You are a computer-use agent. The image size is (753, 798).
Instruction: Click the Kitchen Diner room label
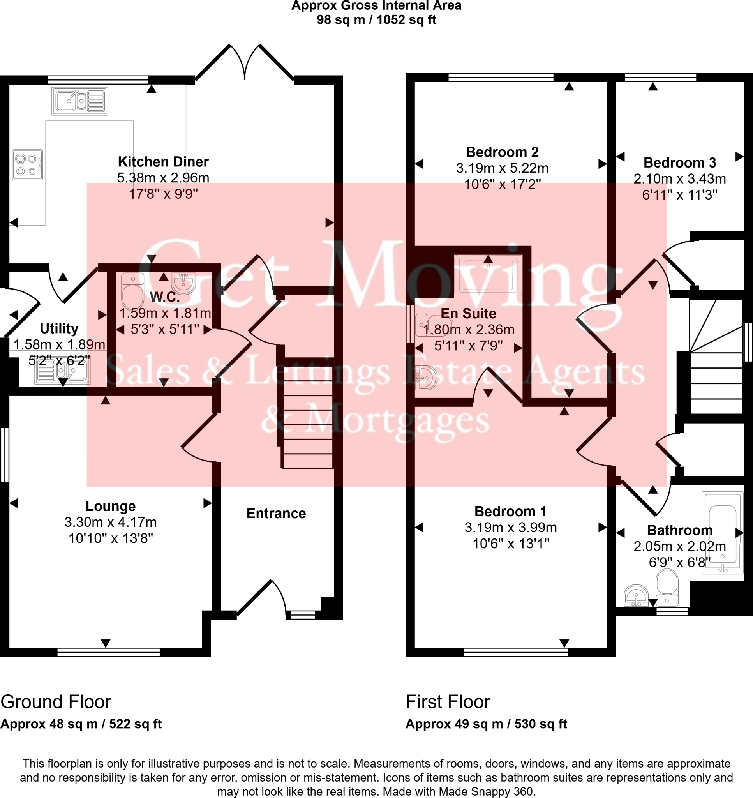pyautogui.click(x=163, y=162)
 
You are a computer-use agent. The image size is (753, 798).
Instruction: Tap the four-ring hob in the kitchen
pyautogui.click(x=27, y=164)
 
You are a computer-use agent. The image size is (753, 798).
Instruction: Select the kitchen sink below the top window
pyautogui.click(x=79, y=101)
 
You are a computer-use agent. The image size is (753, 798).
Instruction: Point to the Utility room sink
pyautogui.click(x=62, y=371)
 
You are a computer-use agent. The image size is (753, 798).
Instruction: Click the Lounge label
pyautogui.click(x=110, y=506)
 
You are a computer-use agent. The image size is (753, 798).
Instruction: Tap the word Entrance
pyautogui.click(x=276, y=514)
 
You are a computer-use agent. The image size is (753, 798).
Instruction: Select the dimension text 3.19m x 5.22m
pyautogui.click(x=502, y=168)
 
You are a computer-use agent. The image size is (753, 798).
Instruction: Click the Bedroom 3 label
pyautogui.click(x=679, y=163)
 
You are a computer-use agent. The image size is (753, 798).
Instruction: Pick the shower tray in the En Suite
pyautogui.click(x=488, y=275)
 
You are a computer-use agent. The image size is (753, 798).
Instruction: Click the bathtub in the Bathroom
pyautogui.click(x=723, y=533)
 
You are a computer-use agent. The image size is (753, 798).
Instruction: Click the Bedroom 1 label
pyautogui.click(x=510, y=511)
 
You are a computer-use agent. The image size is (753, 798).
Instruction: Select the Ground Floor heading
pyautogui.click(x=55, y=702)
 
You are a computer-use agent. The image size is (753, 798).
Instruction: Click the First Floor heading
pyautogui.click(x=448, y=702)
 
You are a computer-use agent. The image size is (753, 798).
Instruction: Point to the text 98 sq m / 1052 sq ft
pyautogui.click(x=376, y=19)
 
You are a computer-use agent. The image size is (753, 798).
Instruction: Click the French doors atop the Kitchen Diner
pyautogui.click(x=245, y=62)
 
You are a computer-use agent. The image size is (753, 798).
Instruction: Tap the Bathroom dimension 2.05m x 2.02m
pyautogui.click(x=679, y=546)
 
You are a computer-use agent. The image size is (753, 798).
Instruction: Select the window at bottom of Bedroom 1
pyautogui.click(x=516, y=652)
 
